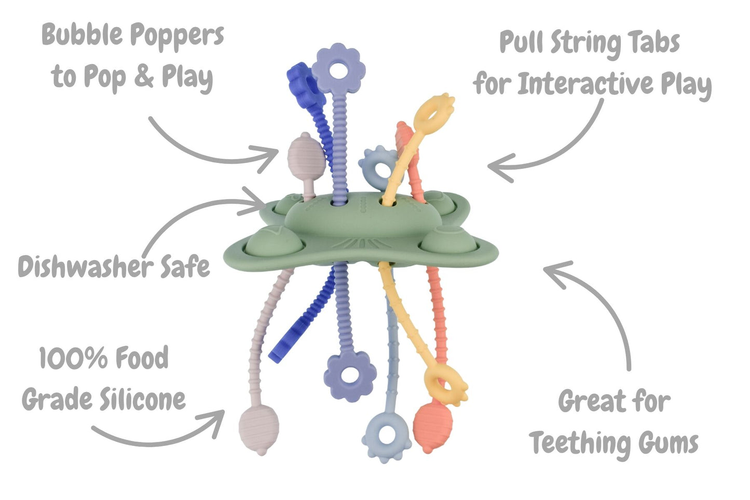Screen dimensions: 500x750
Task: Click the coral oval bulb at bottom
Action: click(432, 426)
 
